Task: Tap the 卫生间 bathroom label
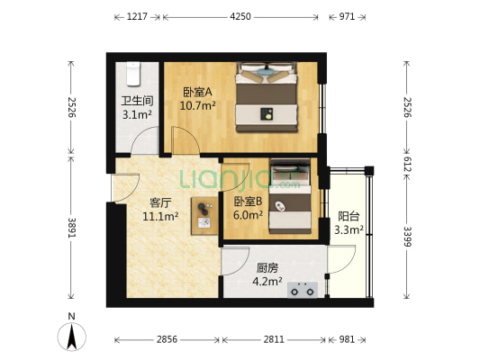point(138,102)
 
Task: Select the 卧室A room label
point(196,92)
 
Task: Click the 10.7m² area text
point(196,105)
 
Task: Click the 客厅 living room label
point(160,202)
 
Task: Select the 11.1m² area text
point(160,216)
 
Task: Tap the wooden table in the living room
point(204,214)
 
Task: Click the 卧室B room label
point(248,202)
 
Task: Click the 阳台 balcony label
point(349,216)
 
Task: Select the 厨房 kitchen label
point(267,267)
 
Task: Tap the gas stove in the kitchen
point(302,290)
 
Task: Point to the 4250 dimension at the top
point(240,17)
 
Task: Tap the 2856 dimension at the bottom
point(168,340)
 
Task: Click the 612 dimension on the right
point(406,164)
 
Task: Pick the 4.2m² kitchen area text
point(267,281)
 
